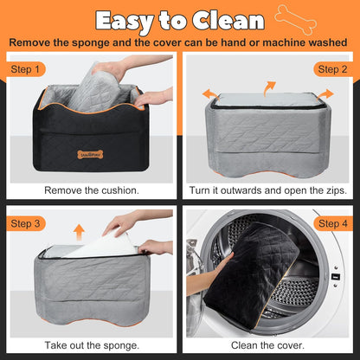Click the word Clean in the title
click(228, 21)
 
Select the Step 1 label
click(25, 69)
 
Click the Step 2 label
click(333, 69)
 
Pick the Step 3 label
click(25, 223)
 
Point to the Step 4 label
click(333, 223)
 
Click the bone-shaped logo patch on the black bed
click(90, 155)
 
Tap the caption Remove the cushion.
click(92, 190)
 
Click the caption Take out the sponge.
click(92, 345)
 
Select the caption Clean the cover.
click(267, 345)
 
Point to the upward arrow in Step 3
click(79, 233)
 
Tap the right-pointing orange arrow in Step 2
click(326, 94)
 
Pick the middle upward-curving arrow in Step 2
click(269, 88)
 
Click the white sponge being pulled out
click(101, 245)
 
